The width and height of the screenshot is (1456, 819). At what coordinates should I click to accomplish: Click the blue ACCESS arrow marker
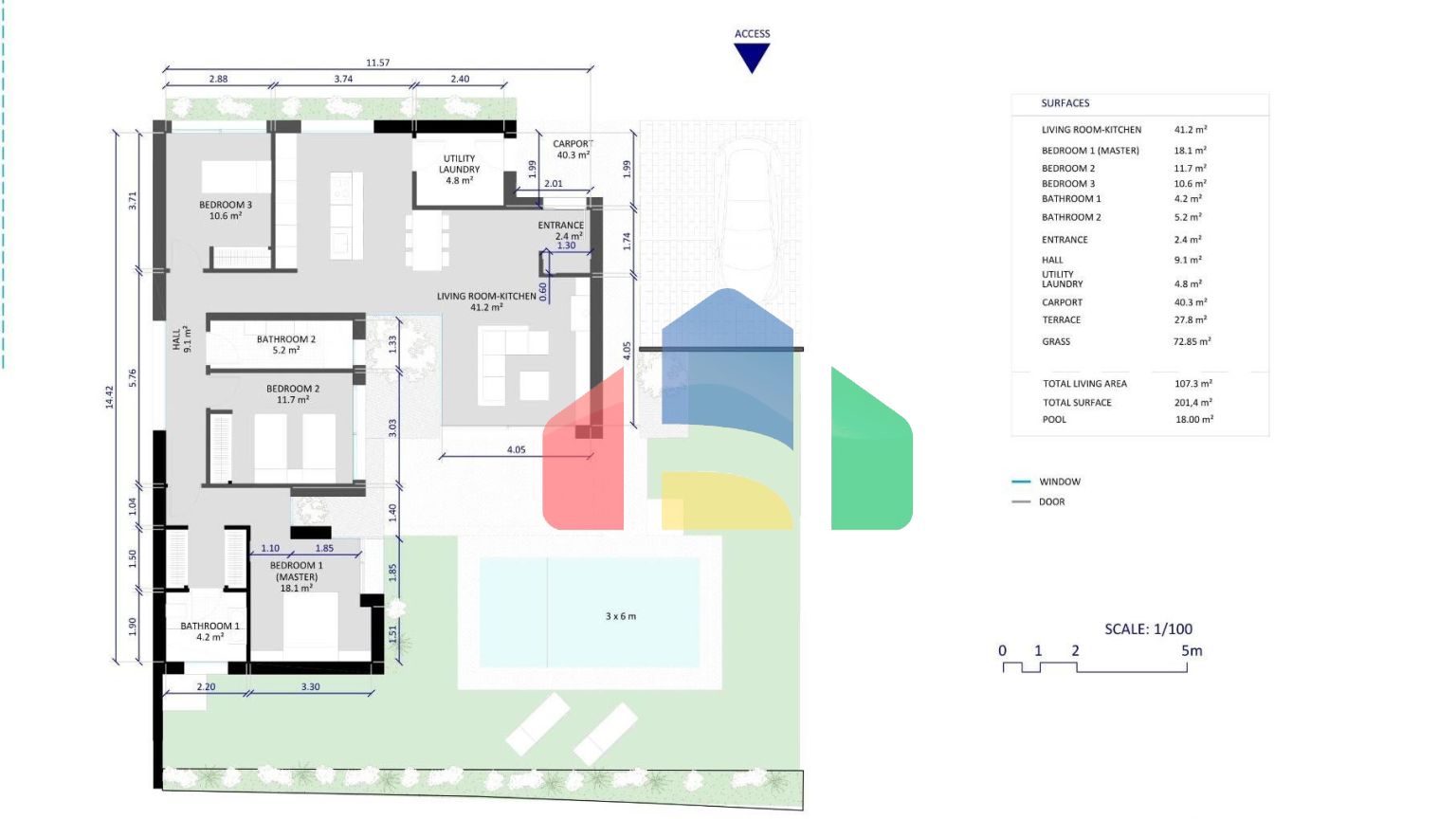pos(752,57)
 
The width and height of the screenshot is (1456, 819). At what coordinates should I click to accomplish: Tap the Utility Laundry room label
pos(460,169)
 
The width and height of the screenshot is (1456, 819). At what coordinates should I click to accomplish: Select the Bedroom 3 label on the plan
pos(226,209)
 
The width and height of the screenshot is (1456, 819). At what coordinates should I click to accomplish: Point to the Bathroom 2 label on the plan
pos(286,344)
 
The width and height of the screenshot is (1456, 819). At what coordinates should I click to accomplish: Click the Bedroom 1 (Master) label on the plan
pos(297,576)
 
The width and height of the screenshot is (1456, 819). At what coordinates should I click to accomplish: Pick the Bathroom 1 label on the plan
pos(209,631)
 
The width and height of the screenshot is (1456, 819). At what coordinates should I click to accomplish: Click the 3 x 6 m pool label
pos(621,616)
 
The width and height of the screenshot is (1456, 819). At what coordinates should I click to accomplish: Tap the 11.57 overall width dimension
pos(377,63)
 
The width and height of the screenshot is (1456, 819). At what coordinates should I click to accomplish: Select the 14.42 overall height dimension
pos(109,396)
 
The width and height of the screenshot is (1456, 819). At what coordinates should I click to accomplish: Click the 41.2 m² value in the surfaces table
pos(1191,129)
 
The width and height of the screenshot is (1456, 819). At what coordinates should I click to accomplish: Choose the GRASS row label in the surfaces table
pos(1056,341)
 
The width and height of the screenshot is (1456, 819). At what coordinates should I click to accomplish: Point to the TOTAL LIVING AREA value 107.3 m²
pos(1193,384)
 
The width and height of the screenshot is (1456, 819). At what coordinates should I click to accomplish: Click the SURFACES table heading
pos(1065,102)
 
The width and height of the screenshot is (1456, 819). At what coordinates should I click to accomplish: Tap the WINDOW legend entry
pos(1060,482)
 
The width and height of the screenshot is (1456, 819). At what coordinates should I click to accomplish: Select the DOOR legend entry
pos(1051,501)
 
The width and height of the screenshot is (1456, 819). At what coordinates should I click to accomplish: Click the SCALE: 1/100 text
pos(1149,628)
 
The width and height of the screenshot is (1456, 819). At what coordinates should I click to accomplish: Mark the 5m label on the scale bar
pos(1192,650)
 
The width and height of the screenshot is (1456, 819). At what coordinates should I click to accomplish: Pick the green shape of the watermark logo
pos(872,448)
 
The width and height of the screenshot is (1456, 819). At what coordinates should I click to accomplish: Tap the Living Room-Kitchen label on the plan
pos(486,301)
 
